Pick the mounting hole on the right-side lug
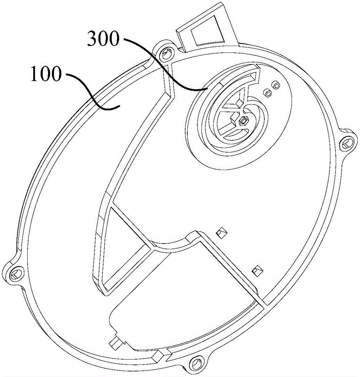(346, 143)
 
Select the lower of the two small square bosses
(257, 270)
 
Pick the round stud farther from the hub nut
(277, 86)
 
